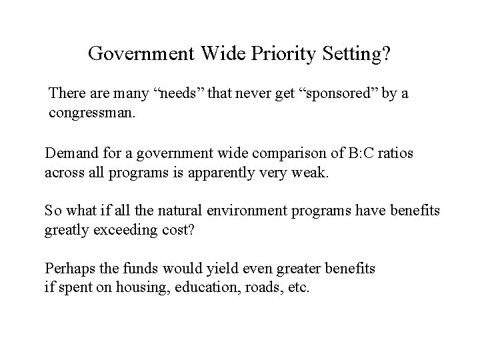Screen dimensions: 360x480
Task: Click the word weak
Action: [313, 173]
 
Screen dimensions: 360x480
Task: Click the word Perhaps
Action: [68, 268]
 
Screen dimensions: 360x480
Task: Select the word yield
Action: [201, 268]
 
